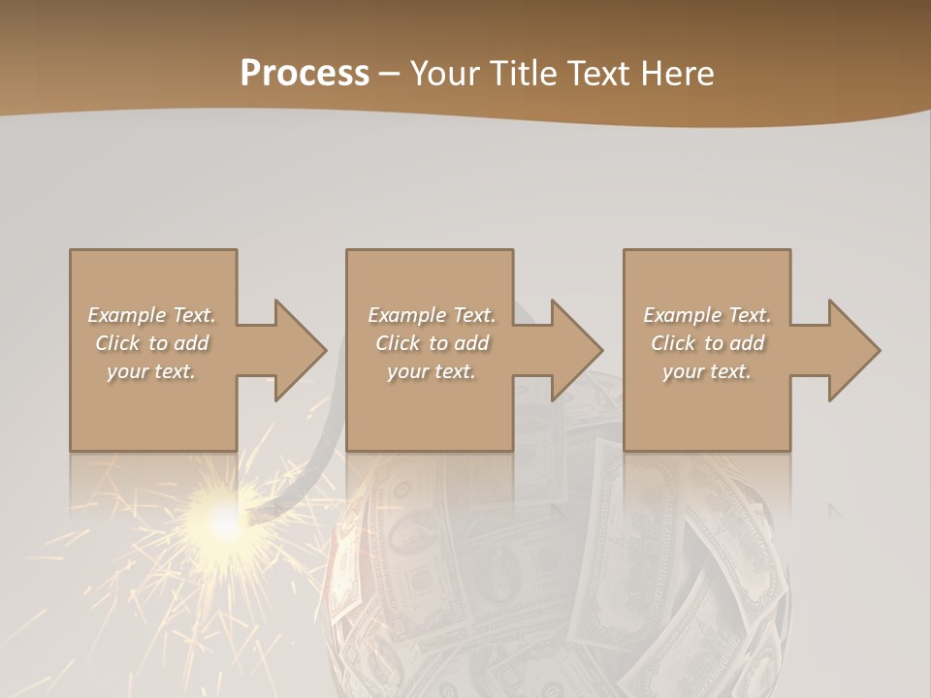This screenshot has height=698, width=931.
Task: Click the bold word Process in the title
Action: coord(305,74)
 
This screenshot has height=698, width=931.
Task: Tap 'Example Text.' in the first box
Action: coord(151,315)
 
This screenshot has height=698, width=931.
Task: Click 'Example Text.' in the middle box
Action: coord(431,315)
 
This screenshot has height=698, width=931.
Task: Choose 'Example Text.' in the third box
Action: coord(707,315)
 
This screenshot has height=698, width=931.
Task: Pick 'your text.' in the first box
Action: coord(151,371)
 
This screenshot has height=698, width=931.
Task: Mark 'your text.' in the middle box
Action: coord(431,371)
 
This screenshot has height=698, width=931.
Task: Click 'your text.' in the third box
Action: coord(707,371)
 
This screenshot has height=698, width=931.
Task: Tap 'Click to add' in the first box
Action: coord(151,343)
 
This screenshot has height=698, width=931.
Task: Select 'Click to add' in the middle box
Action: coord(431,343)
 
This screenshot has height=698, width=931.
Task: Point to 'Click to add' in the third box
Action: coord(707,343)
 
